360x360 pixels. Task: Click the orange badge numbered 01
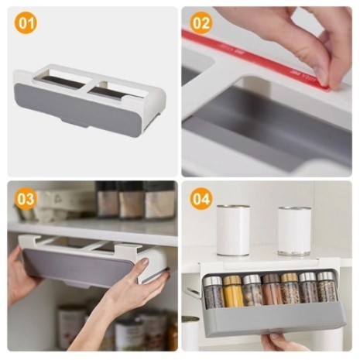coord(26,23)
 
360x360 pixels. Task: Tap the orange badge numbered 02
coord(201,23)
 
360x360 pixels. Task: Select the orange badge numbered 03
coord(26,199)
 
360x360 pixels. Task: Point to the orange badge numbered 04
coord(201,199)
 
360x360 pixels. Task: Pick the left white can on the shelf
coord(232,231)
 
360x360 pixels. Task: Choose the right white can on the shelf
coord(294,230)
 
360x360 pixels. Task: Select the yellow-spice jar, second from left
coord(233,290)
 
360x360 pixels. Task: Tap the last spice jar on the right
coord(327,288)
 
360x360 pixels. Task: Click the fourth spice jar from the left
coord(271,290)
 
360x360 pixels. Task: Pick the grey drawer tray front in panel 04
coord(271,319)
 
